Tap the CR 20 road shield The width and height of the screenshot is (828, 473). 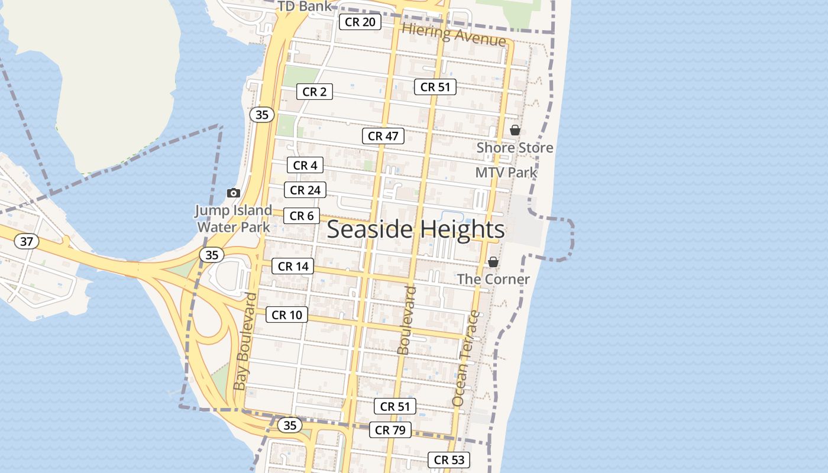click(x=360, y=22)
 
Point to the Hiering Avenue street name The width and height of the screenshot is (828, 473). click(x=454, y=35)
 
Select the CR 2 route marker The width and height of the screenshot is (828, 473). click(x=314, y=92)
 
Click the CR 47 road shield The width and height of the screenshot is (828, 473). click(x=383, y=136)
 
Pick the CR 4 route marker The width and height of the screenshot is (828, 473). click(x=305, y=166)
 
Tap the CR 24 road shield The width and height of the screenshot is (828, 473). click(x=305, y=190)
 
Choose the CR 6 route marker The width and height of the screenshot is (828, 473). click(x=302, y=216)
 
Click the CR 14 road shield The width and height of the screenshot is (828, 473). click(x=293, y=266)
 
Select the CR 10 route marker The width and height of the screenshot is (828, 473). click(x=287, y=315)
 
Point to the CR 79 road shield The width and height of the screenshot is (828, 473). click(x=390, y=430)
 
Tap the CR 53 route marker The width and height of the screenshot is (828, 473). click(x=449, y=459)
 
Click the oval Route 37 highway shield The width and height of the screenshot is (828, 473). click(x=27, y=241)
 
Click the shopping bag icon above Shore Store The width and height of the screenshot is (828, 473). click(x=515, y=130)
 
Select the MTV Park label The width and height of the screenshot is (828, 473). click(x=506, y=173)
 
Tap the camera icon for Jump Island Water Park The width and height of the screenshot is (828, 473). click(x=234, y=193)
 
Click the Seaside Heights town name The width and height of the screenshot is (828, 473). click(x=416, y=229)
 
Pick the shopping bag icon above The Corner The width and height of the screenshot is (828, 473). click(x=493, y=262)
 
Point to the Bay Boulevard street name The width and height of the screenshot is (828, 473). click(x=245, y=342)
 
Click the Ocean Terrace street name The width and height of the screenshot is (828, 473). click(x=466, y=358)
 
